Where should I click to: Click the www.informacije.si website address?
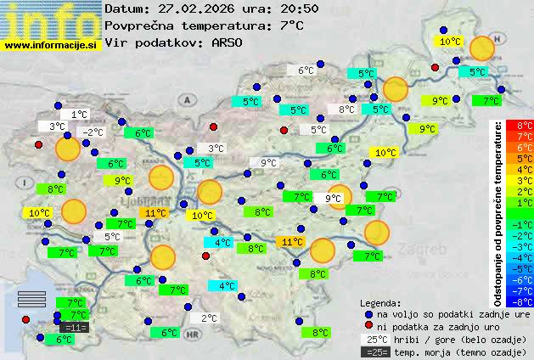point(52,45)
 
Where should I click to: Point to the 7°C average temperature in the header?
point(290,25)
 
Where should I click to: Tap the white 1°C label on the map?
point(80,115)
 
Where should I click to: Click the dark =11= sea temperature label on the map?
point(74,327)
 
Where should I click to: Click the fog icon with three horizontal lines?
point(31,298)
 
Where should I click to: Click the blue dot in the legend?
point(368,314)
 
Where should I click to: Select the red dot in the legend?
point(368,327)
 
